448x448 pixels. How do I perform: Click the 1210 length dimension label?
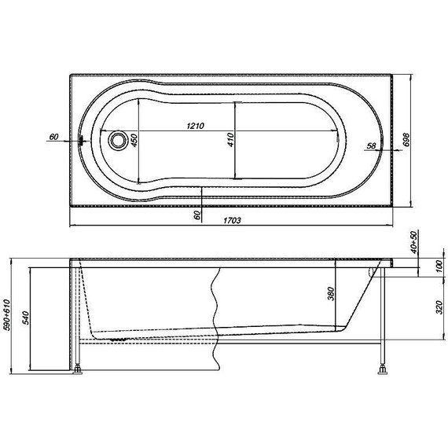[196, 126]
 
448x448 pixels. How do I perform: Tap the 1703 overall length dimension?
[232, 220]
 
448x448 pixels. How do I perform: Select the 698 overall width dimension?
[406, 140]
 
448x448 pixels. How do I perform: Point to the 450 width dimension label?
[134, 140]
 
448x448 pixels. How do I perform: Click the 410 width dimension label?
[231, 140]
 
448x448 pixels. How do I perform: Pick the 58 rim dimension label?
[371, 145]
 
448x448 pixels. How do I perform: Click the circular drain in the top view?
[118, 140]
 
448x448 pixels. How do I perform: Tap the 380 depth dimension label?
[330, 294]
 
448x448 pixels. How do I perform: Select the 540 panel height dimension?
[25, 318]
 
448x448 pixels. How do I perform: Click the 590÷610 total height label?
[6, 315]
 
